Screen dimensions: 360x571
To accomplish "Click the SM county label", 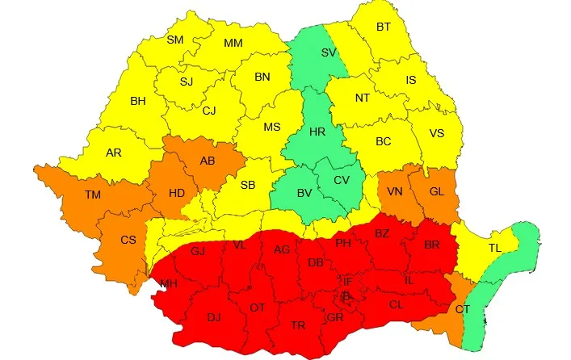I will click(175, 40).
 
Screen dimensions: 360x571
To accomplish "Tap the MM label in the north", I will click(233, 43).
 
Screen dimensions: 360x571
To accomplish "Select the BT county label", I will click(383, 27).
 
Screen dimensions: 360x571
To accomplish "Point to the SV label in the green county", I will click(329, 52).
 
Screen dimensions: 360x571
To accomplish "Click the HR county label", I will click(318, 132).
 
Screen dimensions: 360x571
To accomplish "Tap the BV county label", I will click(304, 193).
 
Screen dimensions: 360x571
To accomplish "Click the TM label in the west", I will click(93, 193).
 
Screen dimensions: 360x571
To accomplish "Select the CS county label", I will click(128, 240).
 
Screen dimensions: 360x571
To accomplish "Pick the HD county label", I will click(177, 193).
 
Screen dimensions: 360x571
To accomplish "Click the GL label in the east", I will click(437, 191).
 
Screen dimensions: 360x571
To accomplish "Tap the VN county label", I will click(395, 191).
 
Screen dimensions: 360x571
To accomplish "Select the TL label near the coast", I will click(494, 248).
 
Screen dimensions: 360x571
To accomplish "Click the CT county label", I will click(462, 309).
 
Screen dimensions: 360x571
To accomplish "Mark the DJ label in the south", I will click(214, 317).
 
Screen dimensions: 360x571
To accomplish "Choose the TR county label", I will click(298, 325).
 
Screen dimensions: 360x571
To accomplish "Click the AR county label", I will click(114, 153).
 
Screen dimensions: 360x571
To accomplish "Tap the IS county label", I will click(411, 80).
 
